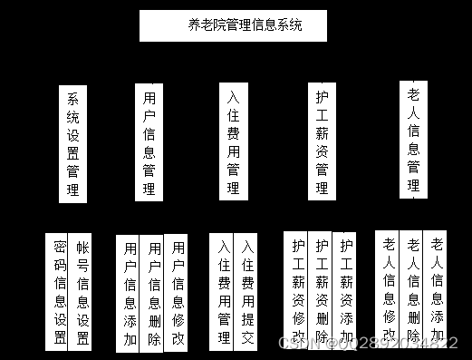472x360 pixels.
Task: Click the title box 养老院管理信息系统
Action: click(233, 25)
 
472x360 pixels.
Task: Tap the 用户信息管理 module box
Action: click(149, 142)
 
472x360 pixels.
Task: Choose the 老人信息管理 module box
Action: click(413, 138)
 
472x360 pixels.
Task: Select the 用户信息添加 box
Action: click(130, 293)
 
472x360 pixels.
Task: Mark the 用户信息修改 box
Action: click(178, 293)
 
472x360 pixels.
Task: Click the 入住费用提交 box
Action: click(247, 292)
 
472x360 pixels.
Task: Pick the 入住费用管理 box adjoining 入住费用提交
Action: click(223, 292)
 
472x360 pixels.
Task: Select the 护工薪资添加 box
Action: click(345, 288)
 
